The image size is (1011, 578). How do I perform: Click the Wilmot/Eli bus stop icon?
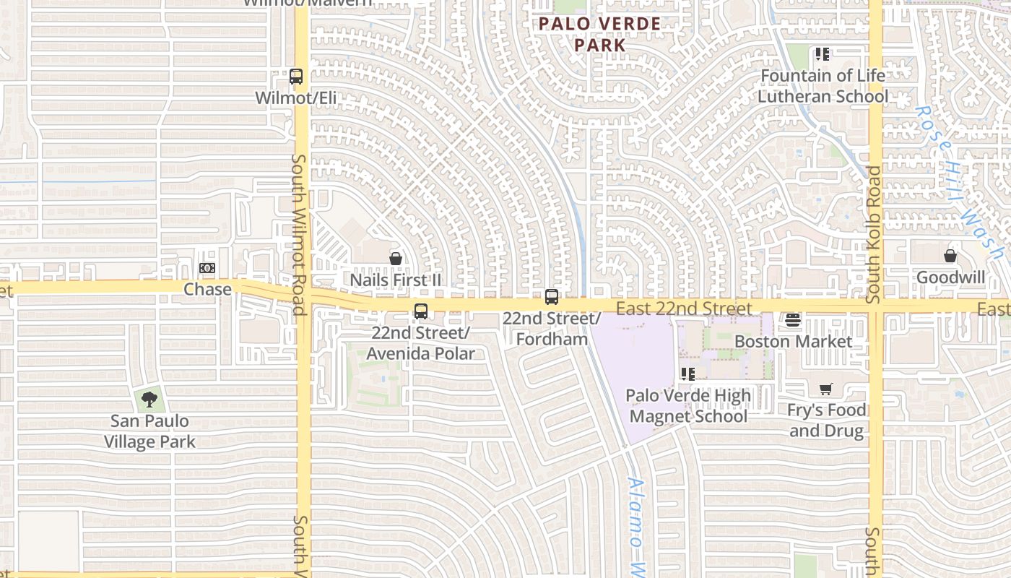pos(295,77)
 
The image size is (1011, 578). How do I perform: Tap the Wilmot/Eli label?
pos(296,98)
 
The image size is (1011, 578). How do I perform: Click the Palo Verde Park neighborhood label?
pos(600,34)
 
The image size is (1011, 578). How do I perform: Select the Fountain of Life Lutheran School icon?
pos(822,54)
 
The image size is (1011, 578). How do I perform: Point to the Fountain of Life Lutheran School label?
pos(823,85)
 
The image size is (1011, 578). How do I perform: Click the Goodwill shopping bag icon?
pos(950,256)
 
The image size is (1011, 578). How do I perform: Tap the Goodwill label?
pos(950,277)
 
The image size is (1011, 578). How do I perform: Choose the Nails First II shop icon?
pos(396,259)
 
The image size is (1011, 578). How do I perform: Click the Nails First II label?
pos(396,280)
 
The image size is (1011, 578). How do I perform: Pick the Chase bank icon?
pos(207,269)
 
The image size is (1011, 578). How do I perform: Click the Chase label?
pos(208,289)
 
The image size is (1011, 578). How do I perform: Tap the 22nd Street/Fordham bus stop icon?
pos(552,297)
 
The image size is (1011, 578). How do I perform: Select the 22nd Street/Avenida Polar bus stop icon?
pos(421,311)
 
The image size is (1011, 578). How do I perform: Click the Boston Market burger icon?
pos(793,320)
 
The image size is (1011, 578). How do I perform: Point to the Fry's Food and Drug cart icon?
pos(826,389)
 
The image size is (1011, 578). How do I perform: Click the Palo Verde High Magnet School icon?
pos(687,374)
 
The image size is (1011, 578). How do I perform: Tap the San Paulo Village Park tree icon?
pos(149,399)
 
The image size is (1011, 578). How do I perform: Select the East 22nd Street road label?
pos(685,309)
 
